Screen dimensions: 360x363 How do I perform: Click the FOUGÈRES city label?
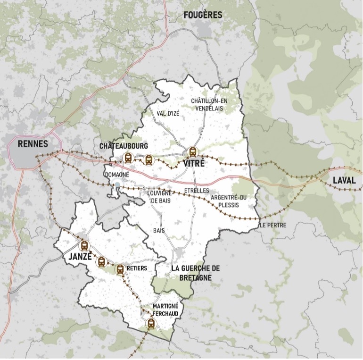203,15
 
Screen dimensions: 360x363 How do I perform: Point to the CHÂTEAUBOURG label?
124,146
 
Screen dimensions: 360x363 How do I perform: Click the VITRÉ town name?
191,164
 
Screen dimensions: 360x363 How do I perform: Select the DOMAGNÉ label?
116,174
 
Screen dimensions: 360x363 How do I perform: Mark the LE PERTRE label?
272,225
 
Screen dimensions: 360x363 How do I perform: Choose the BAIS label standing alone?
159,230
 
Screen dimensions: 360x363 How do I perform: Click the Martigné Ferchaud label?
165,309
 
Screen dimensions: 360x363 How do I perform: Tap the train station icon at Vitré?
192,152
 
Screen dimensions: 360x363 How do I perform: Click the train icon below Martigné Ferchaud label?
151,323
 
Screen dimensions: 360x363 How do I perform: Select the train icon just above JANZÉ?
84,245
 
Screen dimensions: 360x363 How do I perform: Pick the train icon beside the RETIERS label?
120,269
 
